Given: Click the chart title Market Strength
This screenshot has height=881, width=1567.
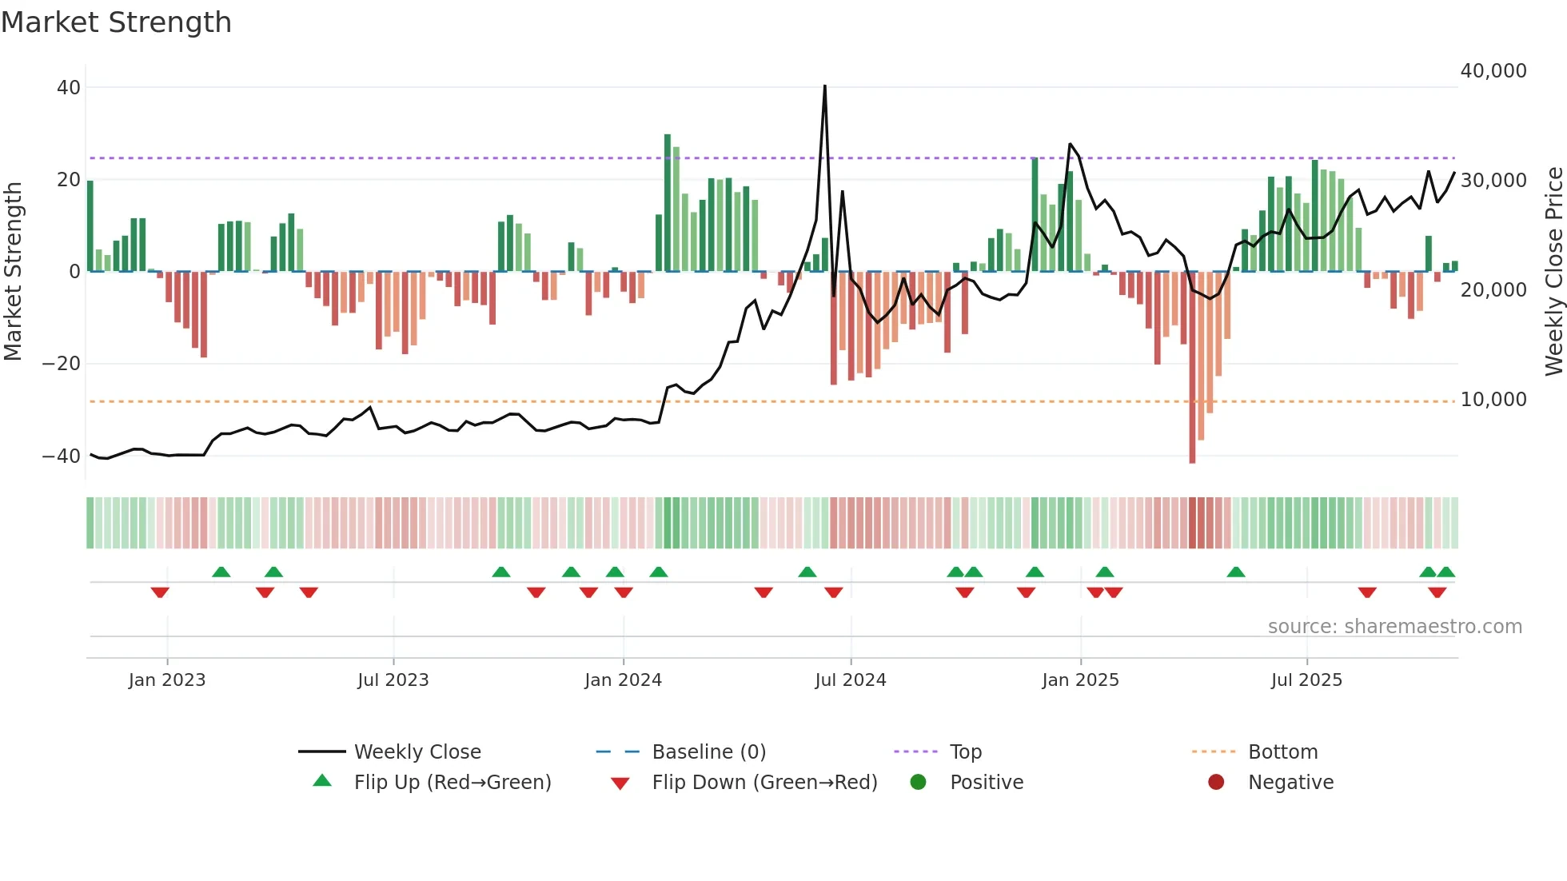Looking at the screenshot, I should tap(116, 22).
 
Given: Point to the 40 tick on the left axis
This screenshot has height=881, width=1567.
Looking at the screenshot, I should tap(69, 87).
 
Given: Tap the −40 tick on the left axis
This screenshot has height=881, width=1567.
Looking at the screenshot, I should tap(62, 456).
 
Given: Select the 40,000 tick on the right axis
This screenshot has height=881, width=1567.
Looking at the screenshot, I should tap(1493, 71).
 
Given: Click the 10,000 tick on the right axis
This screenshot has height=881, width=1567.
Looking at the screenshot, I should tap(1493, 400).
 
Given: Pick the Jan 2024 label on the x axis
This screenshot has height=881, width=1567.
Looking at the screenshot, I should tap(623, 680).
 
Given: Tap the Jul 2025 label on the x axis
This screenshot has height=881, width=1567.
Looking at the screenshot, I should tap(1306, 680).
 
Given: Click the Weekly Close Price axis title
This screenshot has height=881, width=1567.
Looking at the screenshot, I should tap(1553, 272).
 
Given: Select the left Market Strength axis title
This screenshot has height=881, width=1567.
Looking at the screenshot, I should tap(13, 272).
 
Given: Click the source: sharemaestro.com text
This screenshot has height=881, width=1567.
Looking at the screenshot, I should tap(1394, 627).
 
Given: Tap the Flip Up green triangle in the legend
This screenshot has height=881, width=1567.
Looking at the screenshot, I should tap(322, 781).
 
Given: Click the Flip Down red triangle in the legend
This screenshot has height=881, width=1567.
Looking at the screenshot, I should tap(620, 783).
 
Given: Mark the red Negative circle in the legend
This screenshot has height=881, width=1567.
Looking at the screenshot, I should tap(1216, 783).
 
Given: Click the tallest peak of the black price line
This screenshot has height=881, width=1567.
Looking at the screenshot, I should tap(824, 87).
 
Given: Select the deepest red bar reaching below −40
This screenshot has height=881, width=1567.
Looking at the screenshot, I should tap(1192, 368).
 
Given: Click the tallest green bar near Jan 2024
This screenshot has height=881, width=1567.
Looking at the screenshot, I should tap(668, 203).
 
